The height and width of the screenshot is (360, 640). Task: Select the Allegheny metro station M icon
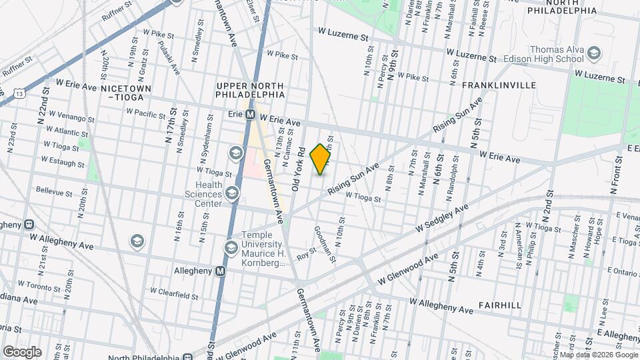click(221, 271)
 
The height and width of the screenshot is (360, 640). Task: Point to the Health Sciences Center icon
click(232, 194)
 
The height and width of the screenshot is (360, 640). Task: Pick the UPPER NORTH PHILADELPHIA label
click(251, 92)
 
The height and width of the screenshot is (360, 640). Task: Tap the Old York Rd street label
click(298, 166)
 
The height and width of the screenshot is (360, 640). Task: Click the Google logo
click(22, 351)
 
